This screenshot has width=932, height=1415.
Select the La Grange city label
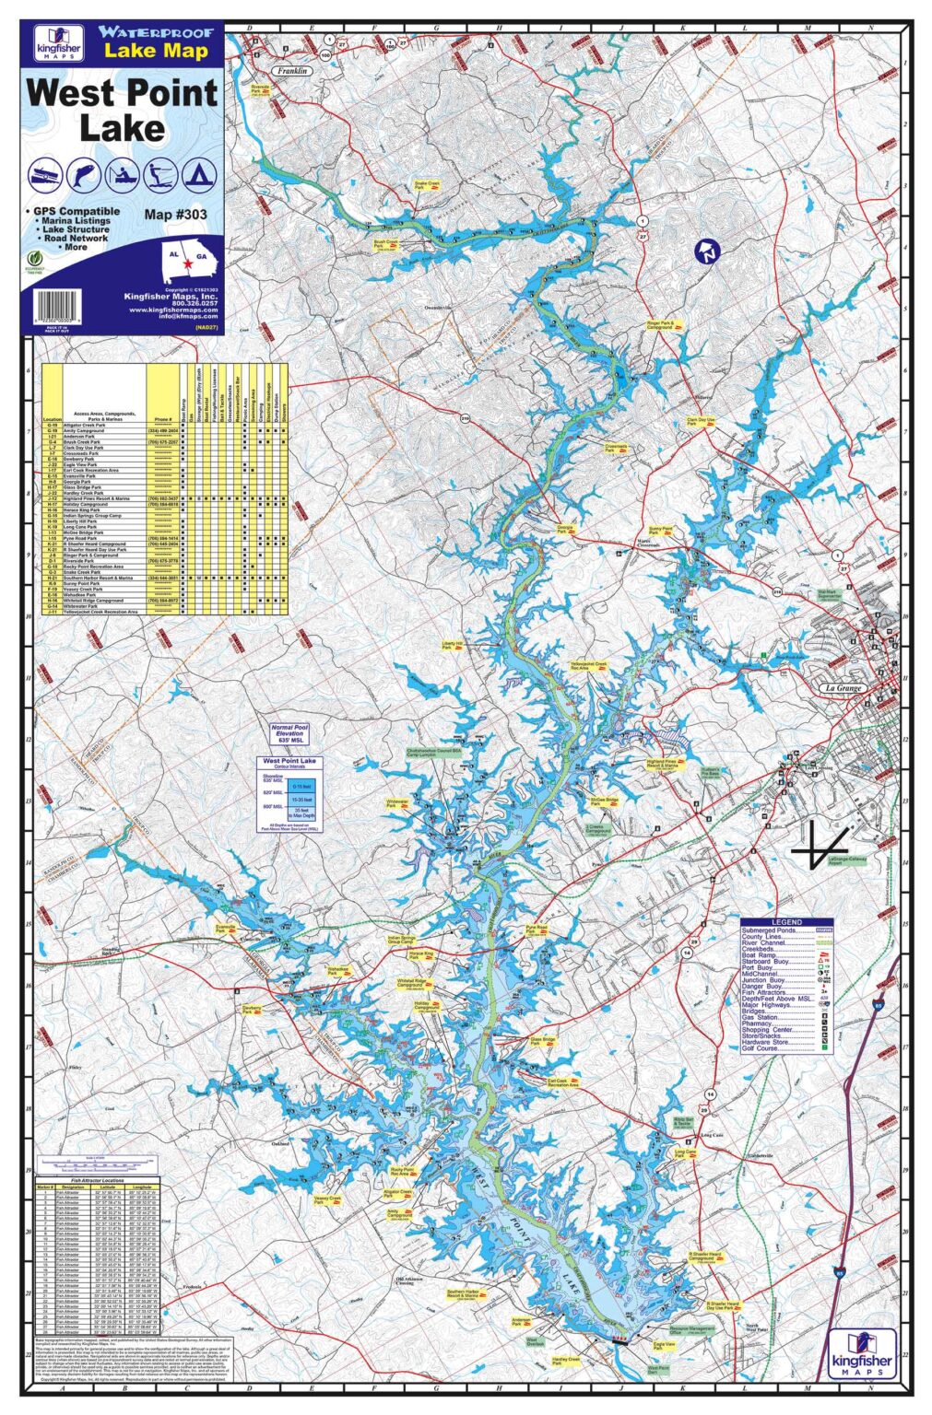coord(840,688)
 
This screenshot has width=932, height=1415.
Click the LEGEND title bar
coord(786,922)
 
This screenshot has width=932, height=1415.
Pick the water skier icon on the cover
coord(160,172)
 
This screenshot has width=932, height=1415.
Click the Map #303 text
coord(175,215)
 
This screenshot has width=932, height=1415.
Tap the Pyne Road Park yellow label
coord(536,930)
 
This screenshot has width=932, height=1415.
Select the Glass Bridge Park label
coord(542,1040)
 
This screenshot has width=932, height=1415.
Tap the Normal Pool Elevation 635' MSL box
coord(287,734)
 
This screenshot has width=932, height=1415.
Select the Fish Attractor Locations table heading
coord(97,1179)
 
